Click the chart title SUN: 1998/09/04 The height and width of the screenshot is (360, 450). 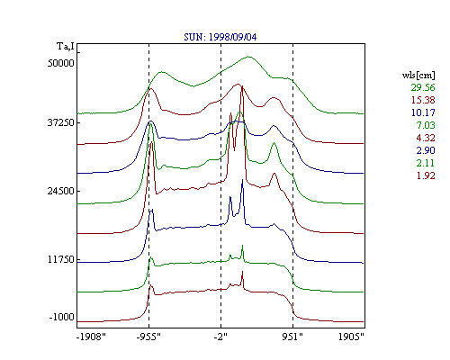coord(220,37)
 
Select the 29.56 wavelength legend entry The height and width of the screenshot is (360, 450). coord(423,87)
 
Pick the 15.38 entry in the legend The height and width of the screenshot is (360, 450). coord(423,100)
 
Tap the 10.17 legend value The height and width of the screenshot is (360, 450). coord(423,112)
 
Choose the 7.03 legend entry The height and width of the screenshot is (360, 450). coord(426,125)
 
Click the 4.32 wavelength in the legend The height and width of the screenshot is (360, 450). coord(426,138)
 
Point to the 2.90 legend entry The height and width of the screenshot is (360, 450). coord(426,150)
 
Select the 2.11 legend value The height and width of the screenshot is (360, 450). coord(426,163)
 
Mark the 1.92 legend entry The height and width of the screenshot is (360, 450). coord(426,175)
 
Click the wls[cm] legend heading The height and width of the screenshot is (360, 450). coord(418,75)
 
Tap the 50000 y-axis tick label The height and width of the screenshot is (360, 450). coord(60,63)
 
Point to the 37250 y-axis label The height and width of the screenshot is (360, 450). coord(60,122)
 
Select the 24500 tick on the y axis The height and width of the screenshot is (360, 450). coord(60,191)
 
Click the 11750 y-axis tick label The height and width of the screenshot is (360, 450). coord(60,259)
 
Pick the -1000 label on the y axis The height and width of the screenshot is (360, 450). coord(62,317)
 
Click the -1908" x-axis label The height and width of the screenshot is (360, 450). coord(91,337)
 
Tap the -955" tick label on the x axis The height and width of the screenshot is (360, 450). coord(148,337)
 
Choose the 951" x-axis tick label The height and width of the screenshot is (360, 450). coord(292,337)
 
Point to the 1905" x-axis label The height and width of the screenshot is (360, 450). coord(351,337)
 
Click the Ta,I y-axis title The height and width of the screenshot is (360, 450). coord(66,47)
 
